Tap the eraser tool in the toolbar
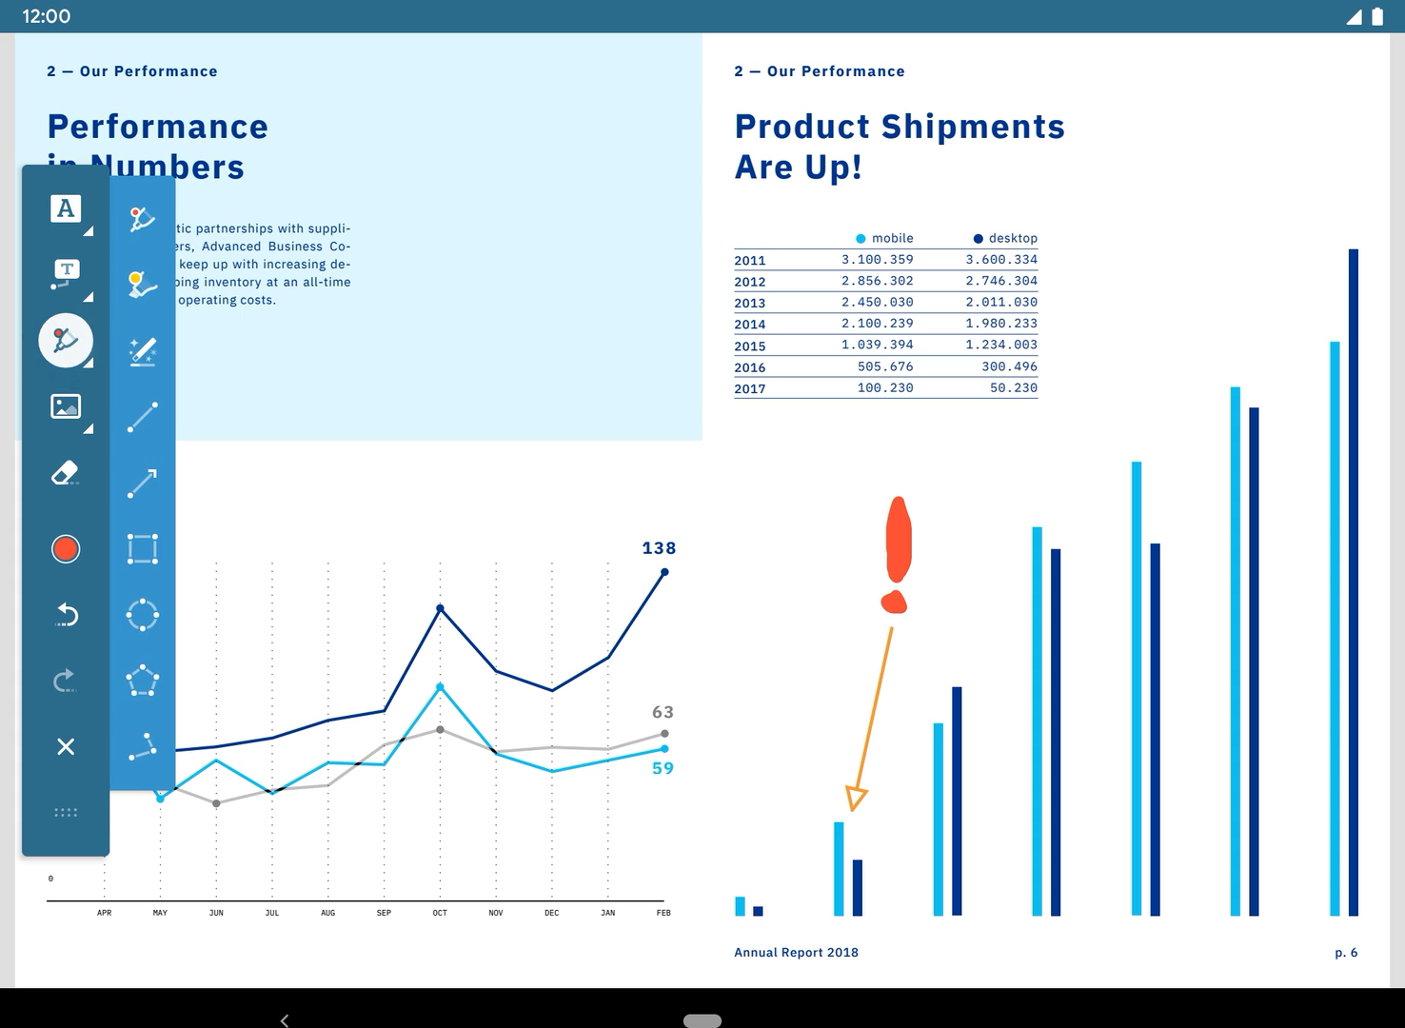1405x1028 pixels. (65, 473)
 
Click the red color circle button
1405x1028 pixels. (66, 549)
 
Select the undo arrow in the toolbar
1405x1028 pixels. (66, 615)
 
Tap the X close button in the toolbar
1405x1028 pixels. (66, 747)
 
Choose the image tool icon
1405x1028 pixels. (66, 406)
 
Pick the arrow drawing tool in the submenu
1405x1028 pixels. (143, 483)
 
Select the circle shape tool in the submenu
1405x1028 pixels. (143, 615)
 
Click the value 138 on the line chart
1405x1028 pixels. (659, 548)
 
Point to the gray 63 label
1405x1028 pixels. (663, 712)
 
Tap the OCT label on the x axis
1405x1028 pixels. (440, 913)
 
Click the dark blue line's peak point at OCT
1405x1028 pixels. (440, 608)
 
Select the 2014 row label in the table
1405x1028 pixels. (750, 325)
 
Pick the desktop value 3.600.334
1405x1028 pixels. (1001, 259)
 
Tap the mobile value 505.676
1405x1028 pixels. (885, 366)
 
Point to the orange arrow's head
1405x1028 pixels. (856, 798)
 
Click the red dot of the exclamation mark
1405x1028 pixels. (894, 602)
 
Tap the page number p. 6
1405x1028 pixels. (1346, 952)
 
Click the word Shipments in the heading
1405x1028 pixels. (973, 127)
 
